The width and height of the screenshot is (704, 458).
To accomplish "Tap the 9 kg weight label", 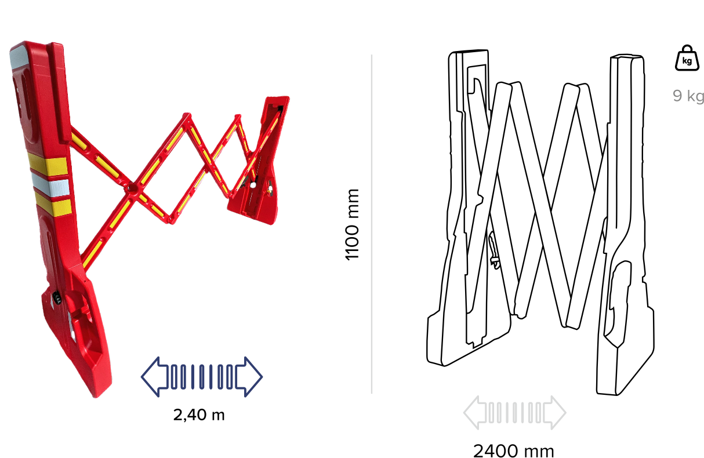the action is [688, 96].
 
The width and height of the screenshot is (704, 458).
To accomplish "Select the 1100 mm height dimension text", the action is [352, 224].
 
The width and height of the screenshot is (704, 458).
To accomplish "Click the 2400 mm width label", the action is [514, 452].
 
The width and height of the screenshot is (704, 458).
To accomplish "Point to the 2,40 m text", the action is [199, 415].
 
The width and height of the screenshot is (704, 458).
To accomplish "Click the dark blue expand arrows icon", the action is [202, 377].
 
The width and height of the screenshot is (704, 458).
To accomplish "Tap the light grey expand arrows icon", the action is [515, 412].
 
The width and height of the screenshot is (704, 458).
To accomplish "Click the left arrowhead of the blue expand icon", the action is [154, 377].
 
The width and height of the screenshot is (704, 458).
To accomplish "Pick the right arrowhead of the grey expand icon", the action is [556, 412].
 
